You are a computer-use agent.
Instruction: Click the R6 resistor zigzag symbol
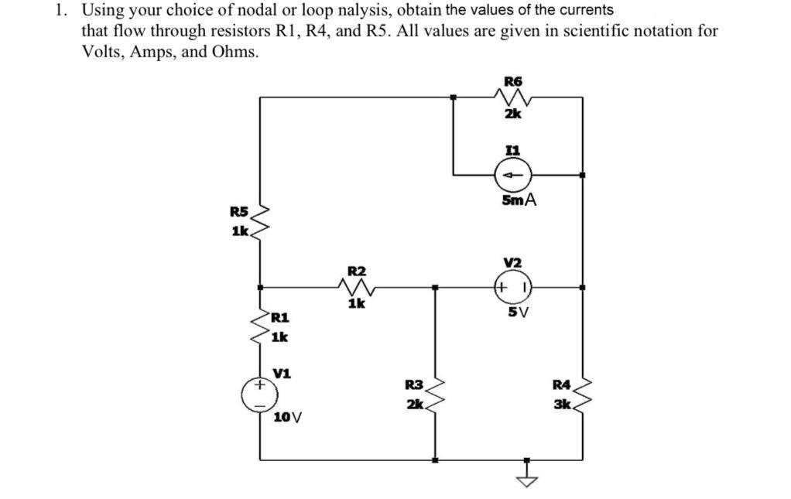(512, 97)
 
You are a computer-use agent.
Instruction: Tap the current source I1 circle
(512, 175)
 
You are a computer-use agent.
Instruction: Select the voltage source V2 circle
(512, 287)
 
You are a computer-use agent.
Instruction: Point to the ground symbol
(530, 474)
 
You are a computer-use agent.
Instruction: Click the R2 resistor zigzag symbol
(357, 288)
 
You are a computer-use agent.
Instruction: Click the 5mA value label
(519, 200)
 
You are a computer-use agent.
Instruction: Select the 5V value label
(518, 313)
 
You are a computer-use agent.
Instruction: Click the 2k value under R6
(512, 114)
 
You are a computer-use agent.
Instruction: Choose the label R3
(414, 384)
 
